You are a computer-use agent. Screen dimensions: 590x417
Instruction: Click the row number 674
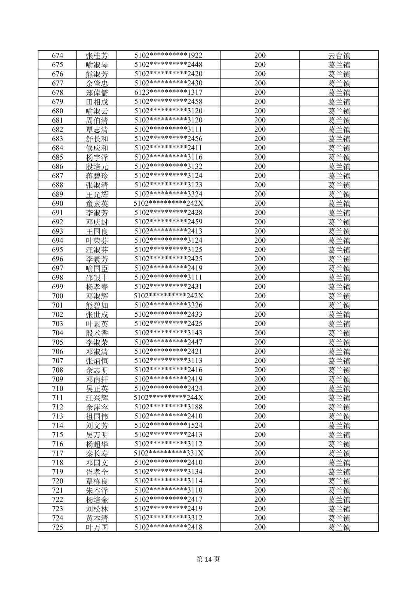[x=57, y=56]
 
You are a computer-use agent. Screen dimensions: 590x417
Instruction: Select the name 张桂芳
[x=97, y=56]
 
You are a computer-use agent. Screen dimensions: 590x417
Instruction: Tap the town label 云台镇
[x=339, y=56]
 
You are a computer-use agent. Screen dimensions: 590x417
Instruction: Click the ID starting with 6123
[x=168, y=92]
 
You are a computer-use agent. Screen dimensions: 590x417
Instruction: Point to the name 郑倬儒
[x=97, y=92]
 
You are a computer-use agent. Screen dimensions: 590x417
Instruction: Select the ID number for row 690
[x=168, y=203]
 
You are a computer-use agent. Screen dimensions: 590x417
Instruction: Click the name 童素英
[x=97, y=203]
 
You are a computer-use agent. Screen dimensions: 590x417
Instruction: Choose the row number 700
[x=57, y=296]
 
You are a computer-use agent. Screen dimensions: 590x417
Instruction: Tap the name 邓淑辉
[x=97, y=296]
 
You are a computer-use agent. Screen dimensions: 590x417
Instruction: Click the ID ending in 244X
[x=168, y=397]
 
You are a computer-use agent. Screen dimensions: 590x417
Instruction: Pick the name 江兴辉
[x=97, y=397]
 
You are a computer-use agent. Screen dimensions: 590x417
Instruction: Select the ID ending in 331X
[x=168, y=453]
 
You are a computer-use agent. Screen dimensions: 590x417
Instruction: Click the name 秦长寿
[x=97, y=453]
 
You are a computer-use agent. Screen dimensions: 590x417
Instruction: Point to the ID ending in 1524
[x=168, y=425]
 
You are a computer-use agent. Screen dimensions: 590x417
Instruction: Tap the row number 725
[x=57, y=527]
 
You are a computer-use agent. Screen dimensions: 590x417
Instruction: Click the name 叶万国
[x=97, y=527]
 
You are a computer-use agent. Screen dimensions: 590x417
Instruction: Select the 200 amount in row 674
[x=260, y=56]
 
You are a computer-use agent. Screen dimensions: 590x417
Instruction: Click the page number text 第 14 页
[x=208, y=559]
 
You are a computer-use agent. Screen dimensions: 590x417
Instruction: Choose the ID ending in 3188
[x=168, y=407]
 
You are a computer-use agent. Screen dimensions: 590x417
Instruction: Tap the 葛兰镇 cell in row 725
[x=339, y=527]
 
